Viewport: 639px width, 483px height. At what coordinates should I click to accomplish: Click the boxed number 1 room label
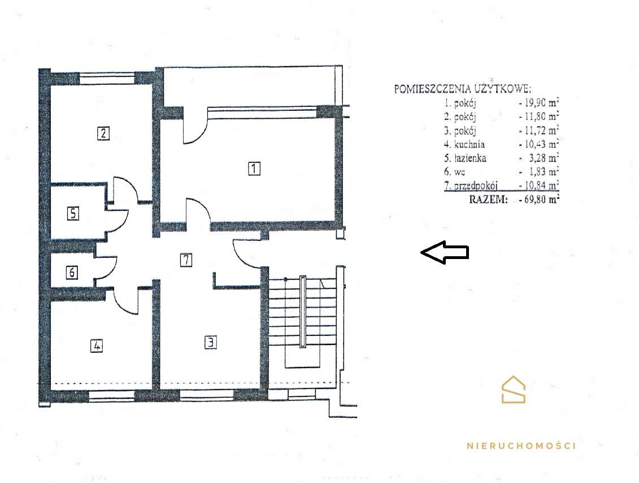(x=254, y=168)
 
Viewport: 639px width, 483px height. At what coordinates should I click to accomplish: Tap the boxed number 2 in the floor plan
(x=103, y=133)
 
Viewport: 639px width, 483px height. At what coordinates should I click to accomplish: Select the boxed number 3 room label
(x=210, y=342)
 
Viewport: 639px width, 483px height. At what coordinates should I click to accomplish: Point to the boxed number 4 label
(x=96, y=346)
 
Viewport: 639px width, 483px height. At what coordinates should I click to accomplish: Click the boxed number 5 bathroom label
(x=73, y=213)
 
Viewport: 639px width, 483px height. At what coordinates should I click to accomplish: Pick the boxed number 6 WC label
(x=72, y=272)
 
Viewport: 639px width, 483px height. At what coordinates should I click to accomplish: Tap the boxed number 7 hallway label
(x=186, y=260)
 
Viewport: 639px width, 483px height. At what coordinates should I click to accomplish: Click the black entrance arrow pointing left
(x=445, y=252)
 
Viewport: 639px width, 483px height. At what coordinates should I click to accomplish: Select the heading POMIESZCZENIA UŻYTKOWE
(x=463, y=89)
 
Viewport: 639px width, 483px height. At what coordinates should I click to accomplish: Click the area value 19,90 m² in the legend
(x=539, y=102)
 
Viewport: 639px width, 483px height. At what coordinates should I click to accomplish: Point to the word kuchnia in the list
(x=470, y=144)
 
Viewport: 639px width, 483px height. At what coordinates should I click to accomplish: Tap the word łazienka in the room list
(x=470, y=158)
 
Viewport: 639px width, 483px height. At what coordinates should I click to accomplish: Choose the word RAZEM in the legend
(x=488, y=200)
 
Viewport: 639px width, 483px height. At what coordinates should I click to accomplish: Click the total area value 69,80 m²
(x=539, y=200)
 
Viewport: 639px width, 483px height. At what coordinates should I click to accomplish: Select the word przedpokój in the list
(x=476, y=186)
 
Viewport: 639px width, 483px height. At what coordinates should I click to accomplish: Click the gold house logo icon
(x=514, y=390)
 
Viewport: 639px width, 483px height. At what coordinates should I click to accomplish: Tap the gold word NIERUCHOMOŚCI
(x=521, y=446)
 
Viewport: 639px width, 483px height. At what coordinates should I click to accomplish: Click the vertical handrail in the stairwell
(x=302, y=312)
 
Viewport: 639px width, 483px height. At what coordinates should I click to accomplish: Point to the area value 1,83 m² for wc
(x=542, y=172)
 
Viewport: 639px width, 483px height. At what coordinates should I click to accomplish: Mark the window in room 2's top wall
(x=107, y=78)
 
